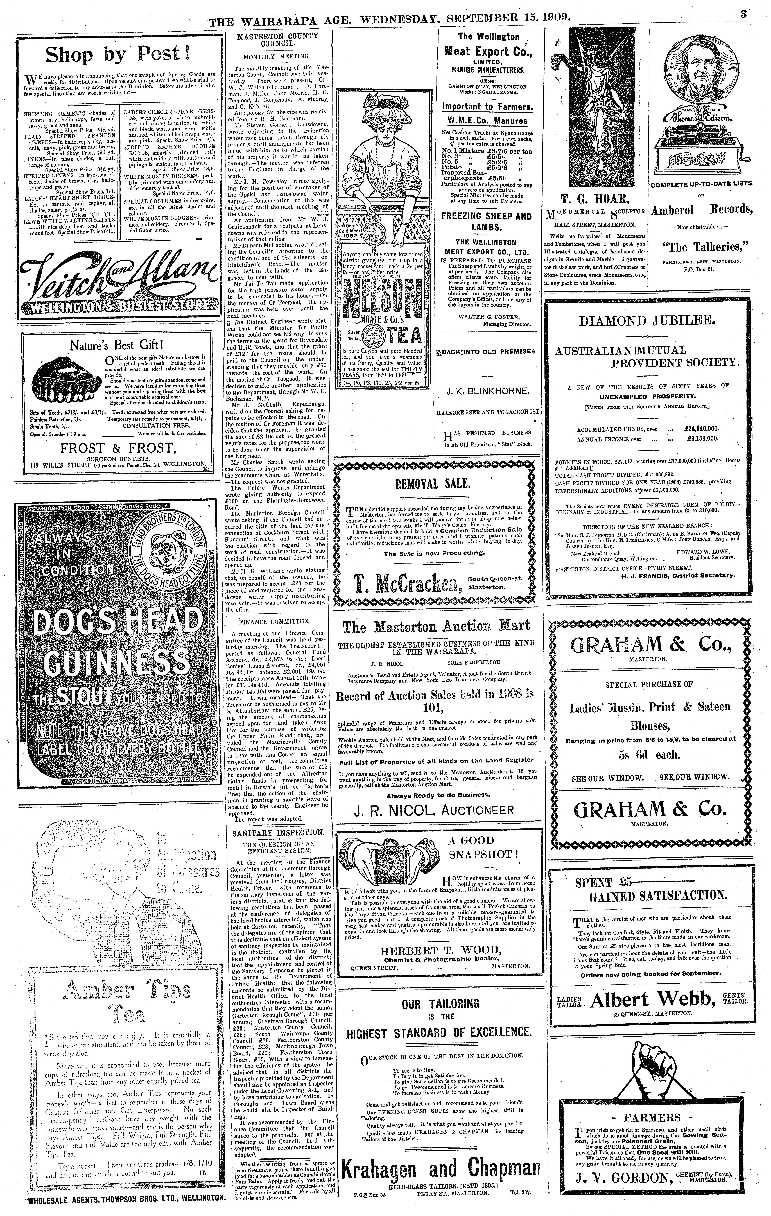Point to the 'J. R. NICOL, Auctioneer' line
tap(433, 810)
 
